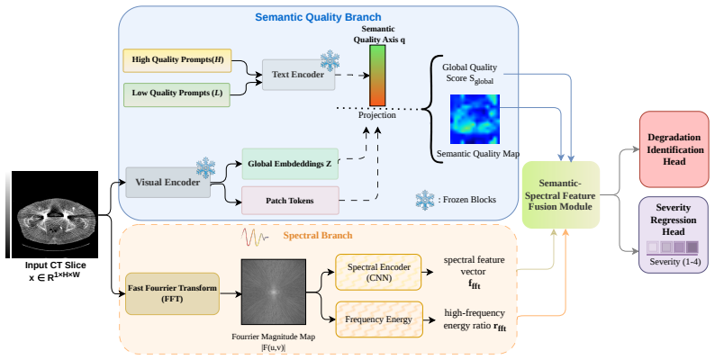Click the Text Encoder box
(298, 75)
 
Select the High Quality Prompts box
(177, 60)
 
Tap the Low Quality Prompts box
(176, 94)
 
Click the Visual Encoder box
(167, 183)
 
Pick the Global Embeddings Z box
(290, 164)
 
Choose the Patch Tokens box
(290, 201)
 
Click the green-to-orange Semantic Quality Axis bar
(377, 76)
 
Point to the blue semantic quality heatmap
(475, 120)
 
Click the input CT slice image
(54, 214)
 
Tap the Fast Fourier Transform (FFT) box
(172, 293)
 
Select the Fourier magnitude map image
(273, 292)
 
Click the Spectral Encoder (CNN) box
(378, 272)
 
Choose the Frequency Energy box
(379, 319)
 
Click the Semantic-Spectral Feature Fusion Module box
(560, 195)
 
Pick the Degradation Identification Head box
(674, 149)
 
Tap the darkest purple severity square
(692, 247)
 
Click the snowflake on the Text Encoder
(330, 61)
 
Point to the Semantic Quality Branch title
(318, 17)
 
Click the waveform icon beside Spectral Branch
(255, 237)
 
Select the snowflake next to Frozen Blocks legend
(424, 200)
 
